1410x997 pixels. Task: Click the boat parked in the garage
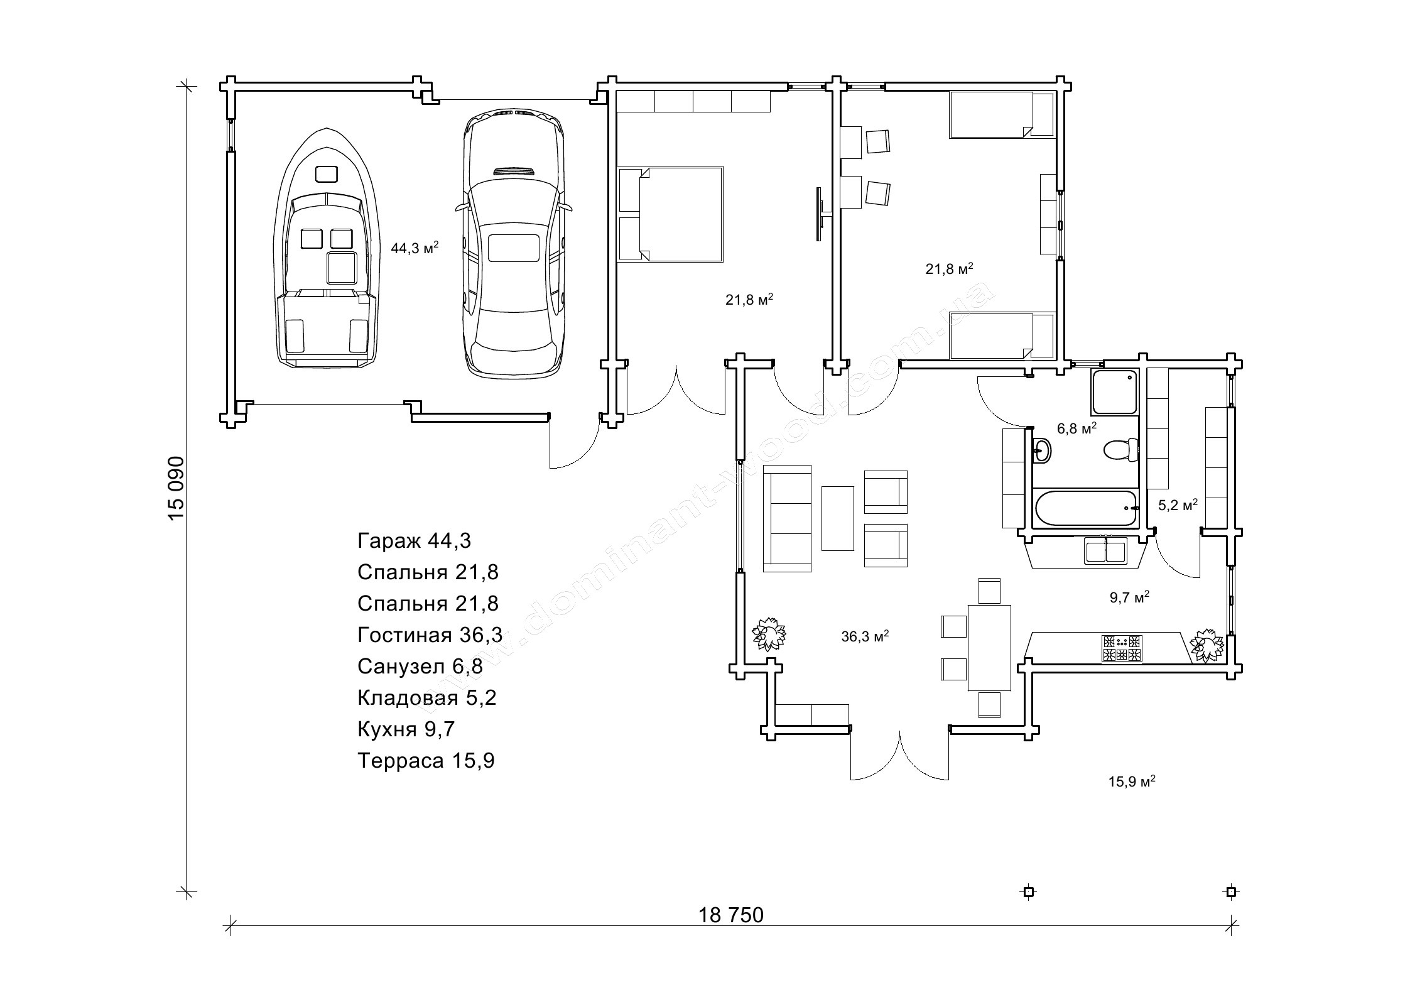pos(327,248)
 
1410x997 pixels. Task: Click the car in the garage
pos(514,245)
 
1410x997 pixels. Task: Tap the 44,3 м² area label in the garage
pos(415,248)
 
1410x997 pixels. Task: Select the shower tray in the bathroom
pos(1114,393)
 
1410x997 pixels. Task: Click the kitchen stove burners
pos(1121,649)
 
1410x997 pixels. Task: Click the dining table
pos(989,647)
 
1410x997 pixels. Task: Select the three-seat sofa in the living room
pos(787,518)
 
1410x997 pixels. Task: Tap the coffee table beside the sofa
pos(837,518)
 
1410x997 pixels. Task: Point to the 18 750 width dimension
pos(731,915)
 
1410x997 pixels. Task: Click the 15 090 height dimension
pos(176,487)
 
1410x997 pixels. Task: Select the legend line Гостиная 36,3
pos(430,635)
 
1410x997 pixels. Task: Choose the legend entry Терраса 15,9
pos(426,761)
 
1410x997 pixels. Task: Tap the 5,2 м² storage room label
pos(1178,504)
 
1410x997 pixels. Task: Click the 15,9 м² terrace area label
pos(1132,782)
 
